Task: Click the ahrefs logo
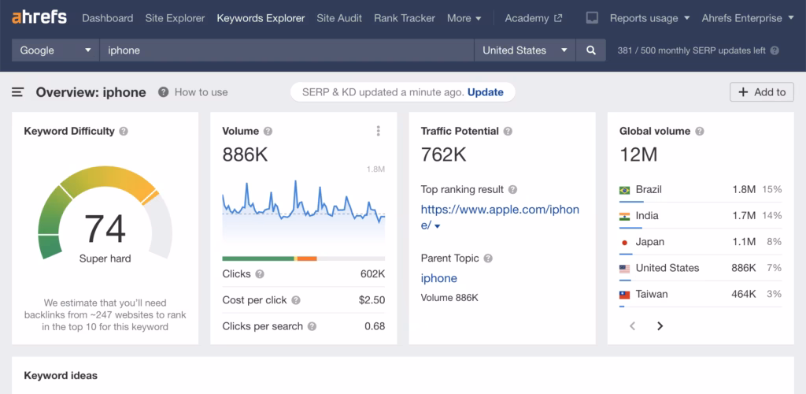(x=39, y=17)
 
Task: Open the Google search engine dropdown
(x=55, y=50)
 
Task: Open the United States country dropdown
(x=524, y=50)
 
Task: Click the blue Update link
(x=485, y=92)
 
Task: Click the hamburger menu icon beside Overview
(x=18, y=92)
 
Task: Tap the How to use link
(x=200, y=92)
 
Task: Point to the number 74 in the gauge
(x=105, y=229)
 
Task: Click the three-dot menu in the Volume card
(x=379, y=132)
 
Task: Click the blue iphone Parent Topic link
(x=438, y=278)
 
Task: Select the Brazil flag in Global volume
(x=625, y=190)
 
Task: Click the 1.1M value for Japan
(x=743, y=242)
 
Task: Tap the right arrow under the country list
(x=660, y=326)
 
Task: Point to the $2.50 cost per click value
(x=372, y=300)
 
